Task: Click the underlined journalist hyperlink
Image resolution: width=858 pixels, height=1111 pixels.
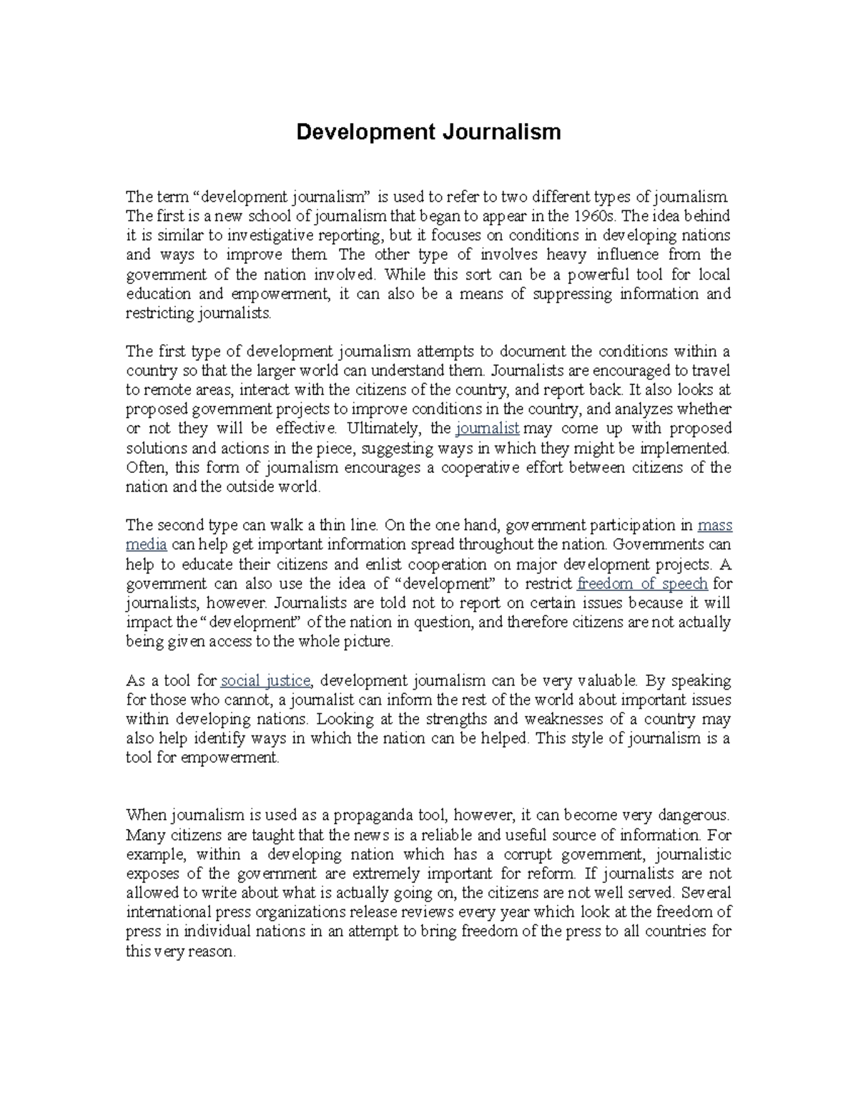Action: coord(487,429)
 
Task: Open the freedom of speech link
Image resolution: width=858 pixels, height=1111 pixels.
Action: coord(641,584)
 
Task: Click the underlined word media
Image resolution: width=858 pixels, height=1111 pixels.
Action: coord(146,545)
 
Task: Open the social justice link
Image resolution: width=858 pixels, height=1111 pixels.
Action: coord(266,680)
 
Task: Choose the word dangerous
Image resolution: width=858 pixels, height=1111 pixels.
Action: coord(693,815)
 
